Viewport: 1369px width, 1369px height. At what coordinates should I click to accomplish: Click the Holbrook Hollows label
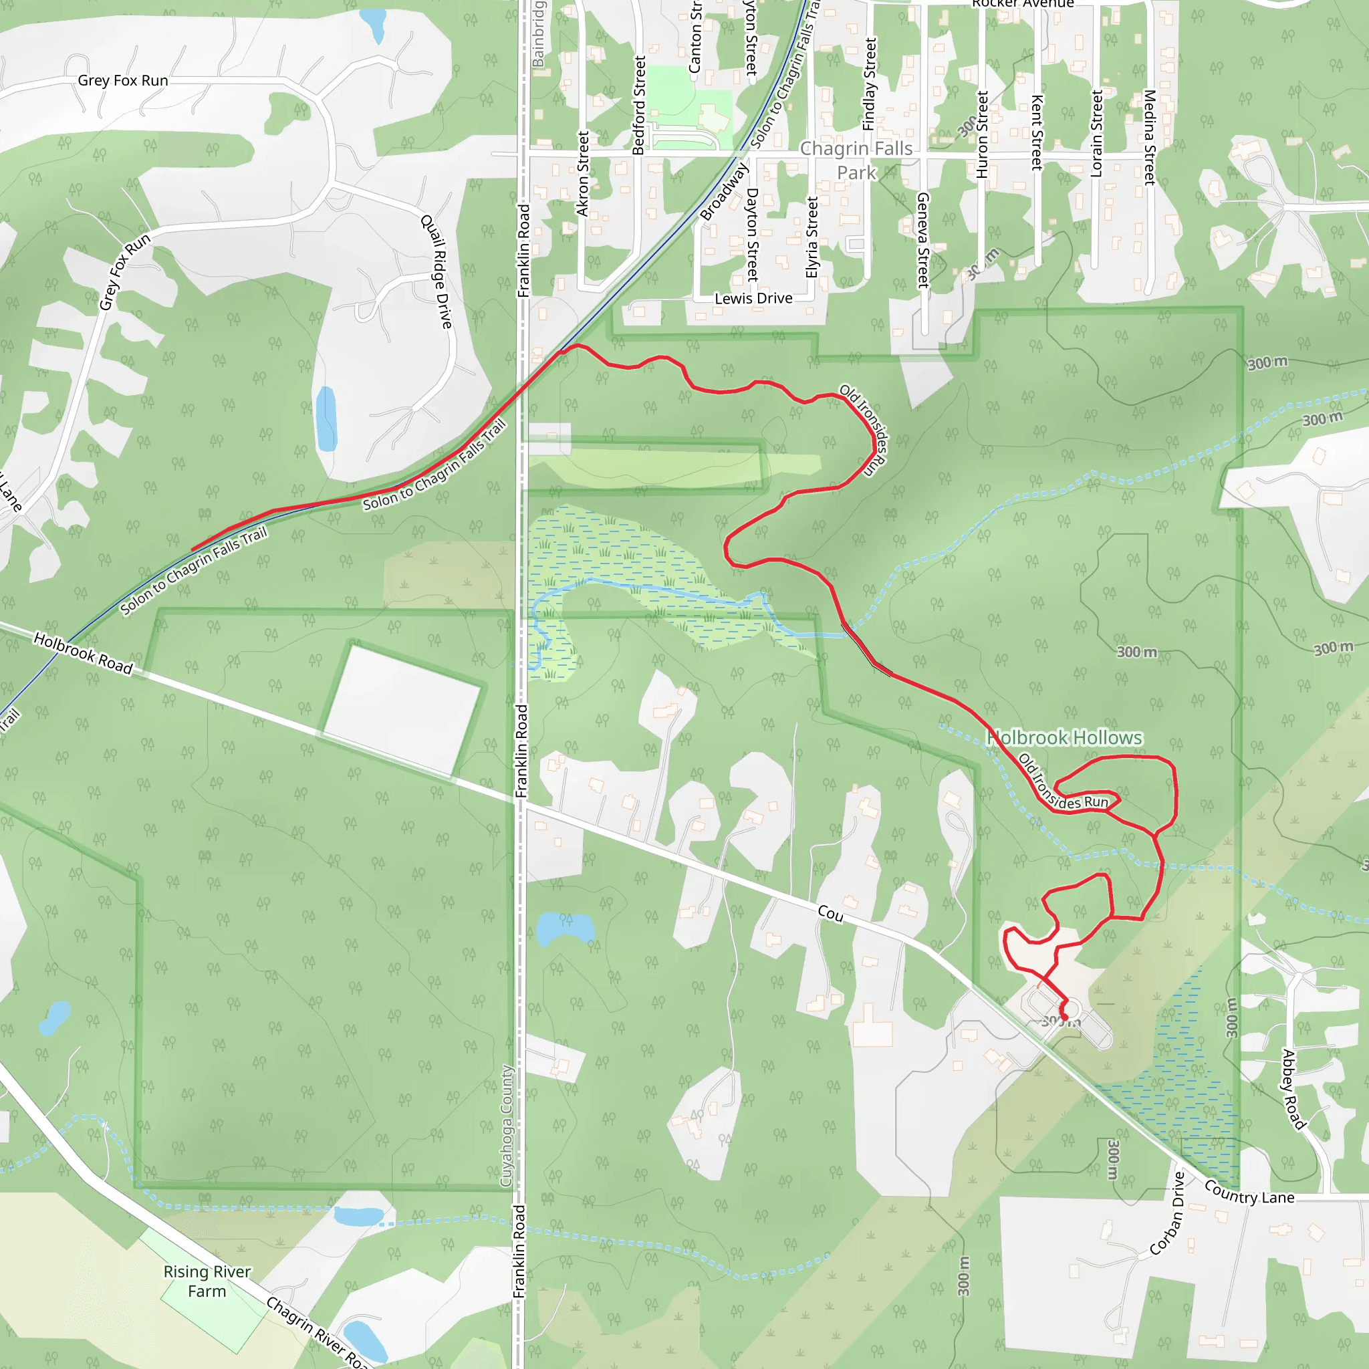coord(1064,738)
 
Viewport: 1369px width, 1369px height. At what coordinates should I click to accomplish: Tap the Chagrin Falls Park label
coord(856,160)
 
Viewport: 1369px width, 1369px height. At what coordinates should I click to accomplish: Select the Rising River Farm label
coord(207,1281)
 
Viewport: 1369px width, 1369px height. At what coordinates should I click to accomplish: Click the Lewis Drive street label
coord(753,298)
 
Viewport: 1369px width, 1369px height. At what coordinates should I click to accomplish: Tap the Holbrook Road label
coord(83,653)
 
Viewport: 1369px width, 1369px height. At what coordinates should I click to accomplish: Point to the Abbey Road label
coord(1293,1089)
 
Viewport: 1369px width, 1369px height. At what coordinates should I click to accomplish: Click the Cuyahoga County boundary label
coord(506,1126)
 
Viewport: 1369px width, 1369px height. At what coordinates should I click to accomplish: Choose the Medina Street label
coord(1149,137)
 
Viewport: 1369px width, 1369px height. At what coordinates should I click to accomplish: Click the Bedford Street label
coord(638,105)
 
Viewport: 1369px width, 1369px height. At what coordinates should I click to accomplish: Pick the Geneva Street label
coord(922,239)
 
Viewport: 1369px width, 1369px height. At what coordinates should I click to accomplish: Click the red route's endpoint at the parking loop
coord(1064,1017)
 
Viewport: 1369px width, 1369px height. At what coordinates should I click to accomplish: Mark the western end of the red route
coord(193,549)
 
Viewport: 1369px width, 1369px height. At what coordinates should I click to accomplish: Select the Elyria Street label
coord(812,237)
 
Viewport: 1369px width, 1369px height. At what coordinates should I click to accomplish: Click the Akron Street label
coord(582,173)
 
